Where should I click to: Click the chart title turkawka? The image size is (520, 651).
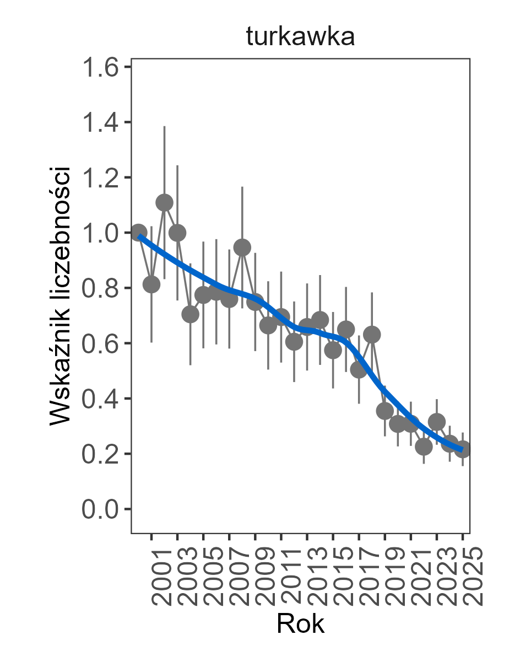tap(300, 37)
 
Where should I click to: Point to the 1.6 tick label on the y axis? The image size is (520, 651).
tap(101, 67)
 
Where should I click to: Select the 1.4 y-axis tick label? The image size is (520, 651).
tap(101, 122)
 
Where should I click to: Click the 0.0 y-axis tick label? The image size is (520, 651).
tap(101, 509)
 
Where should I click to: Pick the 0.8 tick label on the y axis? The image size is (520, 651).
tap(101, 288)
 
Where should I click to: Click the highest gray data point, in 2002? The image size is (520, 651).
tap(164, 203)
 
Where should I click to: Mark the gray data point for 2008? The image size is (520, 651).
tap(242, 248)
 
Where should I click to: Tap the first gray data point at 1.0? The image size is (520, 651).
tap(139, 233)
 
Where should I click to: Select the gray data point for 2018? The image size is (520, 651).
tap(372, 335)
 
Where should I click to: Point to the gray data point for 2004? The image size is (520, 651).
tap(190, 314)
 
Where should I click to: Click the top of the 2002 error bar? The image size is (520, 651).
tap(164, 127)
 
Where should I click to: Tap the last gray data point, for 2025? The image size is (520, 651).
tap(463, 449)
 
